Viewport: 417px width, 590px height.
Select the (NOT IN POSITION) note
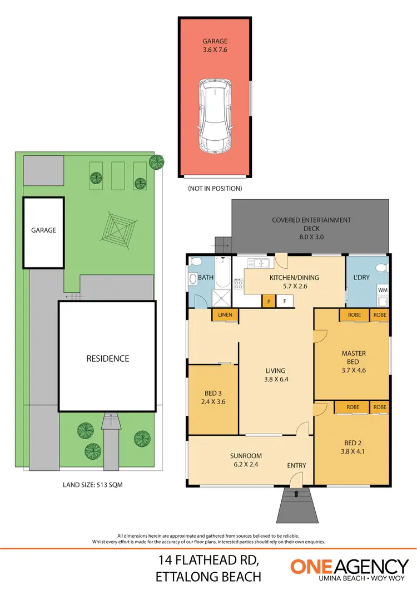pyautogui.click(x=215, y=189)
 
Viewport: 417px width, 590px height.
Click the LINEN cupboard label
pyautogui.click(x=225, y=316)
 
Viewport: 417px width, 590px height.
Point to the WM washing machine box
pyautogui.click(x=383, y=290)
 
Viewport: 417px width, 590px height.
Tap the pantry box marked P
pyautogui.click(x=270, y=301)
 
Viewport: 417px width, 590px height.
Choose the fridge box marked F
pyautogui.click(x=285, y=301)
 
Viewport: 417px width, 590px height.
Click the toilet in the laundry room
pyautogui.click(x=381, y=268)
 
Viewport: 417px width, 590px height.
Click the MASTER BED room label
pyautogui.click(x=353, y=361)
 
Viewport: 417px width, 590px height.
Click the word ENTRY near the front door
pyautogui.click(x=296, y=465)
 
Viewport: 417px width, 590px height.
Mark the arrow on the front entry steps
pyautogui.click(x=296, y=493)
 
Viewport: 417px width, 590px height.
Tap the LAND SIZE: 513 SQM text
pyautogui.click(x=93, y=485)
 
